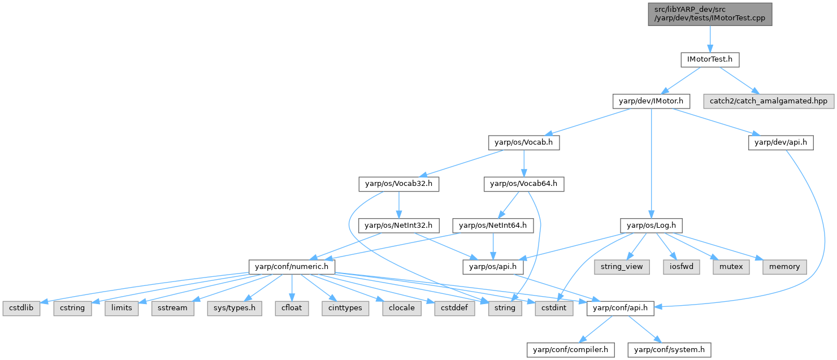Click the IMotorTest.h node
pos(710,59)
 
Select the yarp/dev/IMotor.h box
pos(651,102)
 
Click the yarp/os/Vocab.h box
pos(524,143)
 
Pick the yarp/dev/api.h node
pos(780,143)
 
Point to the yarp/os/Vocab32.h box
pos(398,184)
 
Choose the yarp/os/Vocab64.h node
pos(523,184)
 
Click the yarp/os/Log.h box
pos(651,225)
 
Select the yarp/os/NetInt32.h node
pos(398,225)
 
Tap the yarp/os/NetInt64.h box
pos(493,225)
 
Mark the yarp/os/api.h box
pos(493,266)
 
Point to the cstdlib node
pos(21,308)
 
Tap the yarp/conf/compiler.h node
pos(570,350)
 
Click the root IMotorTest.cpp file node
pos(710,13)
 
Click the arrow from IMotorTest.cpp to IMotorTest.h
pos(710,38)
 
